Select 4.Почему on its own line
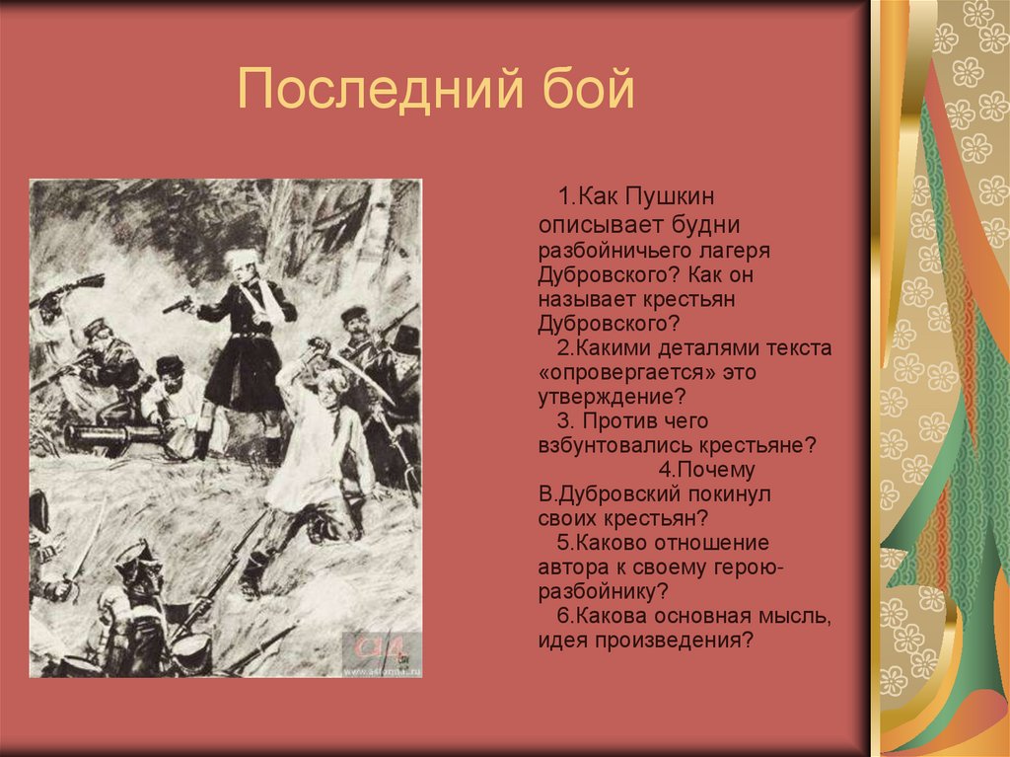click(708, 470)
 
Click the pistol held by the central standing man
click(179, 306)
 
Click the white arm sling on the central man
click(264, 301)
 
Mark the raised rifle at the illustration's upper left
click(69, 288)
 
